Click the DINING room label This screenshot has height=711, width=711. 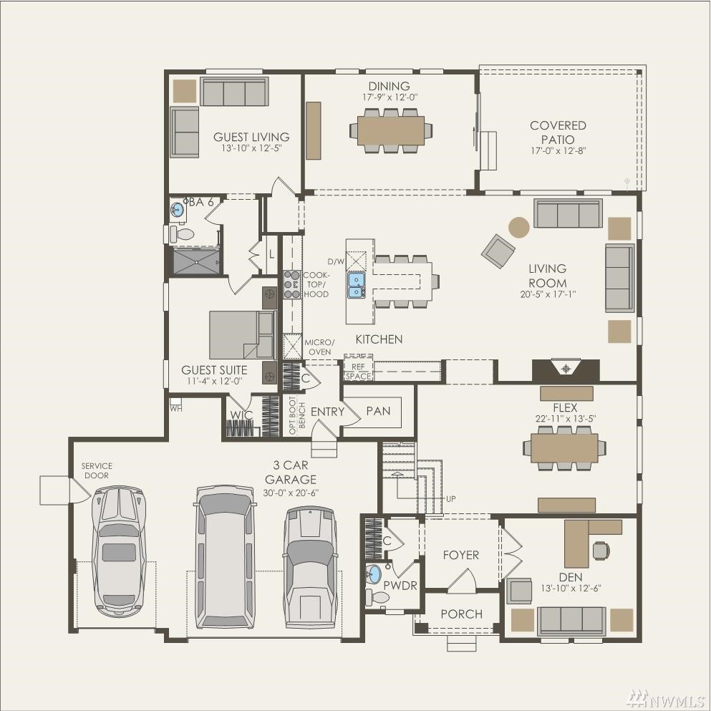pyautogui.click(x=389, y=86)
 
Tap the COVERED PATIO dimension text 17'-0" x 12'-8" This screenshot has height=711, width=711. pyautogui.click(x=558, y=150)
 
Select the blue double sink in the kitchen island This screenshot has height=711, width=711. pyautogui.click(x=356, y=285)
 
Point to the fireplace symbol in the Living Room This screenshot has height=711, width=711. pyautogui.click(x=566, y=369)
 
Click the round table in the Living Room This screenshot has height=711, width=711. pyautogui.click(x=518, y=227)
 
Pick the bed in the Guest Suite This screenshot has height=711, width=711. pyautogui.click(x=242, y=334)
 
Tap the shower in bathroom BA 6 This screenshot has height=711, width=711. pyautogui.click(x=196, y=261)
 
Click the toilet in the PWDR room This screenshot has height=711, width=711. pyautogui.click(x=377, y=597)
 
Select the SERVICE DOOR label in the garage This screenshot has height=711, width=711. pyautogui.click(x=97, y=470)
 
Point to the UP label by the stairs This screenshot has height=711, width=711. pyautogui.click(x=450, y=499)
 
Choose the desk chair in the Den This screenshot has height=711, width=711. pyautogui.click(x=601, y=551)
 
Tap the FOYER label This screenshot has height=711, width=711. pyautogui.click(x=460, y=555)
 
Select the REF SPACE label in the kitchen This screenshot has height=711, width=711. pyautogui.click(x=358, y=372)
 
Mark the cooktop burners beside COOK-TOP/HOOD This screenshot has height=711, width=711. pyautogui.click(x=292, y=284)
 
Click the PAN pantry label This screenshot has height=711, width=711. pyautogui.click(x=378, y=411)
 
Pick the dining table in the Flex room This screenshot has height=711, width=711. pyautogui.click(x=564, y=448)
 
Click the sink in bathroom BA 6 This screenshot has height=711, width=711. pyautogui.click(x=178, y=210)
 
